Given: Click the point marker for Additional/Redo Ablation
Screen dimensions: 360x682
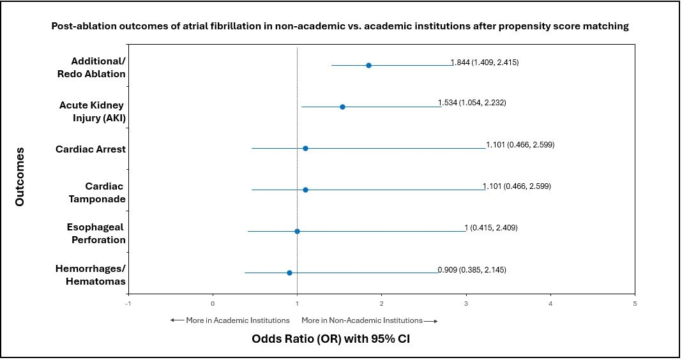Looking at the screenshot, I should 368,65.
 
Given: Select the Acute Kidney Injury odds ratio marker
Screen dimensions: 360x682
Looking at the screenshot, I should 342,107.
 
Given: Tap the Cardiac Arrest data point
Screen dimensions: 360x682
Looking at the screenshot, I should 305,148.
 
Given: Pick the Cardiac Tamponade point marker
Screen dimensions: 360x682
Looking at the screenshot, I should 305,190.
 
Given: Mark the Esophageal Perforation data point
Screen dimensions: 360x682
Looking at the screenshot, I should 297,231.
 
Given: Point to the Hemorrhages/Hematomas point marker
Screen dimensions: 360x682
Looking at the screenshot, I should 289,273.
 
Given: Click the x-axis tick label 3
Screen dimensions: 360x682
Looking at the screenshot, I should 466,303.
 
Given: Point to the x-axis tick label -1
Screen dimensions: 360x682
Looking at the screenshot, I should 128,303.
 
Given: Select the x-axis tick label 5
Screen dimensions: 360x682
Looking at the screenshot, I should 635,303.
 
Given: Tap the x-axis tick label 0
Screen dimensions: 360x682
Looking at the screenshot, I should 213,303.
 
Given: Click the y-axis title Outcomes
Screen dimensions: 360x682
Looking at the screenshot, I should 20,176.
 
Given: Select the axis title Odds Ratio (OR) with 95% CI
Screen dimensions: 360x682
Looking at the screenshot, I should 331,339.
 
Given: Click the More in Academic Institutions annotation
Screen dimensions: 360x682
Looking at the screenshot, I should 230,320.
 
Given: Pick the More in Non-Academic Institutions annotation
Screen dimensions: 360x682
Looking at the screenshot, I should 369,320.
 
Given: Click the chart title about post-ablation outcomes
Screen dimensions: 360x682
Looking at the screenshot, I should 340,27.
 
